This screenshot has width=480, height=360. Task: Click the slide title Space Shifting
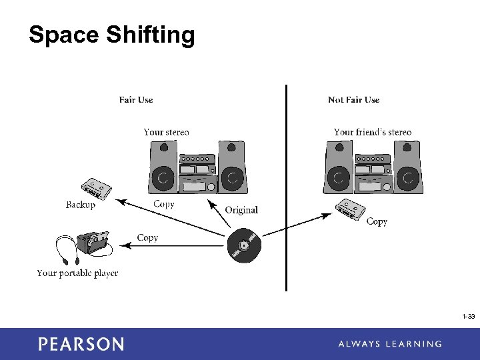coord(112,35)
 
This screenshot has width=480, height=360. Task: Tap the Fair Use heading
coord(136,100)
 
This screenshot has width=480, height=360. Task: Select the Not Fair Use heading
coord(353,100)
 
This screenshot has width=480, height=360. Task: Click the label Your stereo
coord(166,132)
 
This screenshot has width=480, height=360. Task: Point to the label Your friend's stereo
coord(373,132)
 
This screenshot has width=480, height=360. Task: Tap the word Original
coord(241,210)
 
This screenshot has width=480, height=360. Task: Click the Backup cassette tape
coord(96,189)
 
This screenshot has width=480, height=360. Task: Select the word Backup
coord(81,205)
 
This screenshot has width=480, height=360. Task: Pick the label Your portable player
coord(77,273)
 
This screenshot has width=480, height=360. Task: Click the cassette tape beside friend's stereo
coord(351,209)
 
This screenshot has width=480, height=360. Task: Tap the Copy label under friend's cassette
coord(377,221)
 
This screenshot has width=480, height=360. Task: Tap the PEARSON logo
coord(81,344)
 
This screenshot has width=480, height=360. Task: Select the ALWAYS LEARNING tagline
coord(389,344)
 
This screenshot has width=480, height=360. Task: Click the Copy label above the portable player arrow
coord(147,237)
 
